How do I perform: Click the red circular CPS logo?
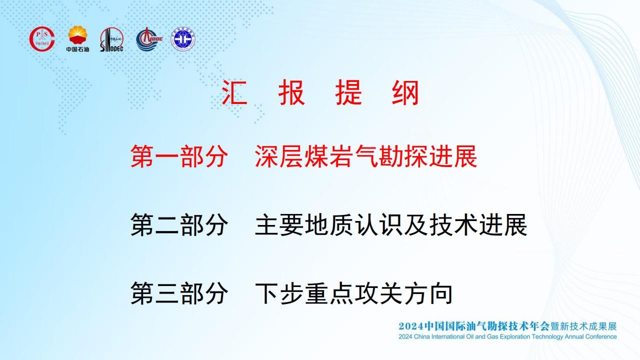(x=42, y=39)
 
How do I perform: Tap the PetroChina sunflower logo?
(x=77, y=35)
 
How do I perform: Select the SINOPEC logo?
(x=111, y=39)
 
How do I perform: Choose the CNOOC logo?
(x=149, y=39)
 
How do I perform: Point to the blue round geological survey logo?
(x=183, y=39)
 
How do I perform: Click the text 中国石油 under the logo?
(x=77, y=49)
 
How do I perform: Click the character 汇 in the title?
(x=234, y=92)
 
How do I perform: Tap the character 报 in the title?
(x=291, y=92)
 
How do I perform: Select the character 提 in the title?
(x=348, y=92)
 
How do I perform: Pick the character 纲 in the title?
(x=405, y=92)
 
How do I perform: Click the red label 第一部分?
(x=179, y=156)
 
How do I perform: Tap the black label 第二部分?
(x=179, y=224)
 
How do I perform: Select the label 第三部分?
(x=179, y=293)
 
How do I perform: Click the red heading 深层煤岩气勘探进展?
(x=366, y=156)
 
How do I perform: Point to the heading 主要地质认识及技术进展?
(x=391, y=224)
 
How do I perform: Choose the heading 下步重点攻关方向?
(x=353, y=293)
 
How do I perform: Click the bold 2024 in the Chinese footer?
(x=411, y=326)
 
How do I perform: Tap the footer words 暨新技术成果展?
(x=583, y=326)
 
